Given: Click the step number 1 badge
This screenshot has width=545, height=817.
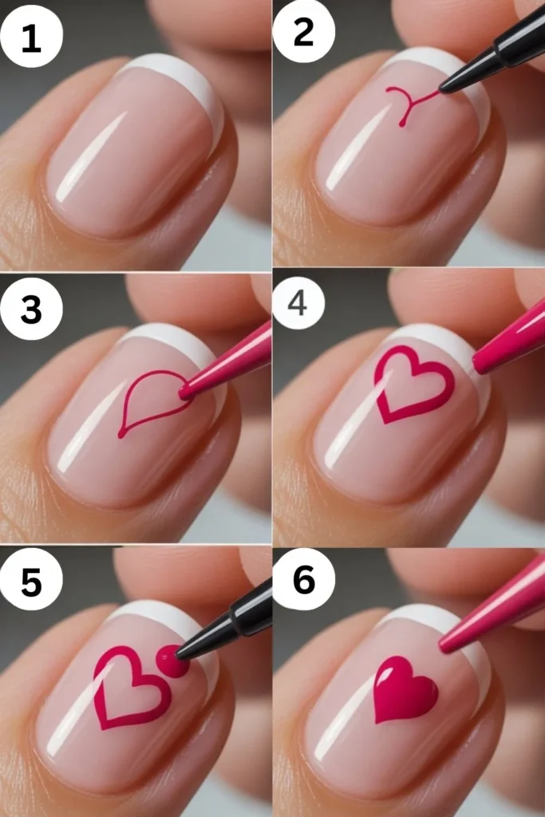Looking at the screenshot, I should (31, 37).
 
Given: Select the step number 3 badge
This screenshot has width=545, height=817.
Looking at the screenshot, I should (31, 309).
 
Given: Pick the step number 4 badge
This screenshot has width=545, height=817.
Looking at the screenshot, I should (298, 304).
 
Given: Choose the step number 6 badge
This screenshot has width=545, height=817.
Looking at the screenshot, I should (303, 581).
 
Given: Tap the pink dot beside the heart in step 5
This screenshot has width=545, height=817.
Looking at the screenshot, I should (170, 661).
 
